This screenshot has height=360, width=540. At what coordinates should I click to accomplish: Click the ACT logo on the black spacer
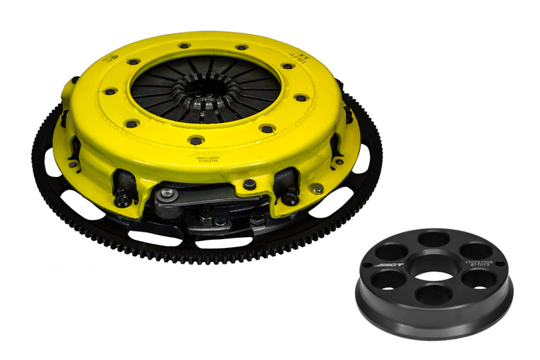393,263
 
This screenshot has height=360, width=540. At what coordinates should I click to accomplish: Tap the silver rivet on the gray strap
170,194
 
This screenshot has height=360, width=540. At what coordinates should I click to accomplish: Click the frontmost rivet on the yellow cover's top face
196,140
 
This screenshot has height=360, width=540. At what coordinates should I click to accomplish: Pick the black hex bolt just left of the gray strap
123,199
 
